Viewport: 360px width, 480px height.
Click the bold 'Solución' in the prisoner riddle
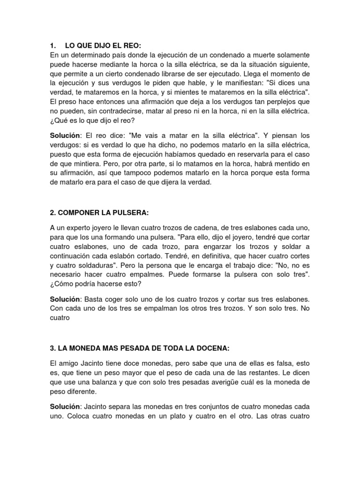pos(66,135)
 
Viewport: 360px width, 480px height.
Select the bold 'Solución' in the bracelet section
pos(66,299)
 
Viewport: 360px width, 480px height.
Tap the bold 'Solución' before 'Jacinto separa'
pos(66,406)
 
